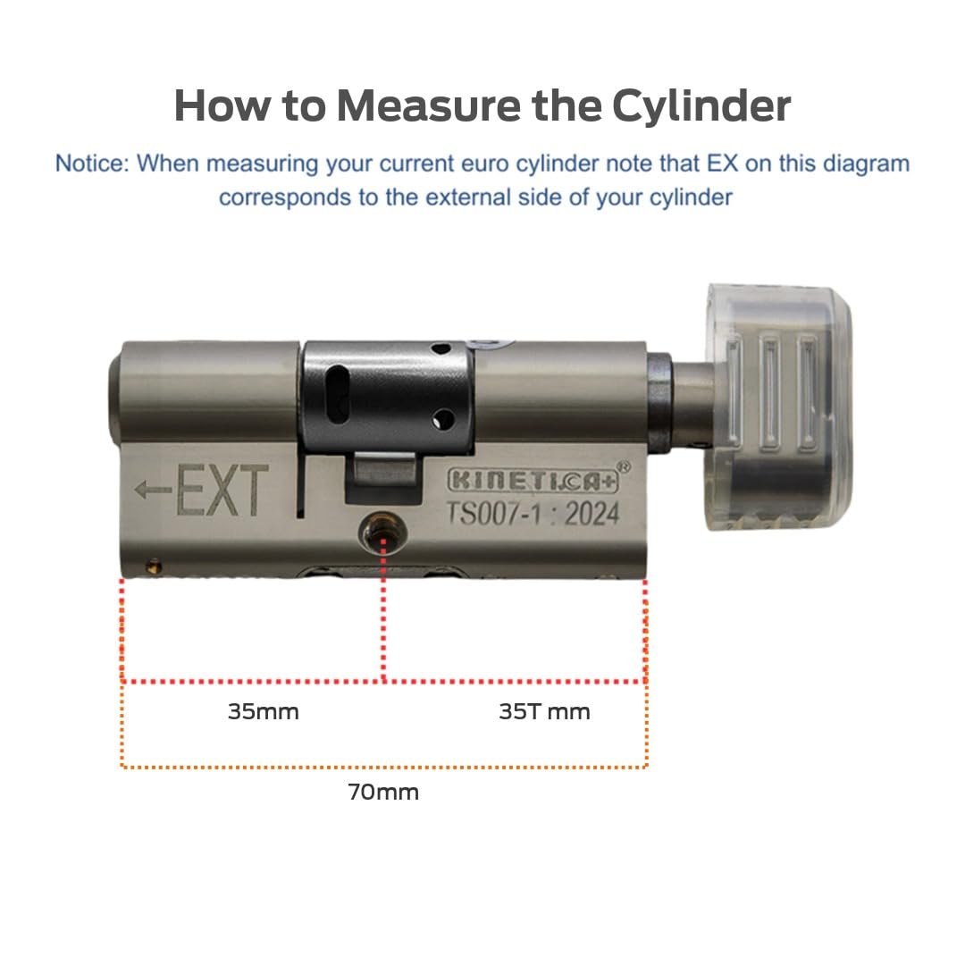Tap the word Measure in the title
(429, 105)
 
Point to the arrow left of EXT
(154, 491)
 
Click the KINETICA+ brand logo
(533, 481)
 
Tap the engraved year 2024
(592, 514)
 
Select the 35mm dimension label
(264, 711)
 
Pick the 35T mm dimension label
(545, 711)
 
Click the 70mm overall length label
(383, 792)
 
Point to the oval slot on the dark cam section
(338, 395)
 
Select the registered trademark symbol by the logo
(624, 467)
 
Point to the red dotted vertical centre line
(383, 609)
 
